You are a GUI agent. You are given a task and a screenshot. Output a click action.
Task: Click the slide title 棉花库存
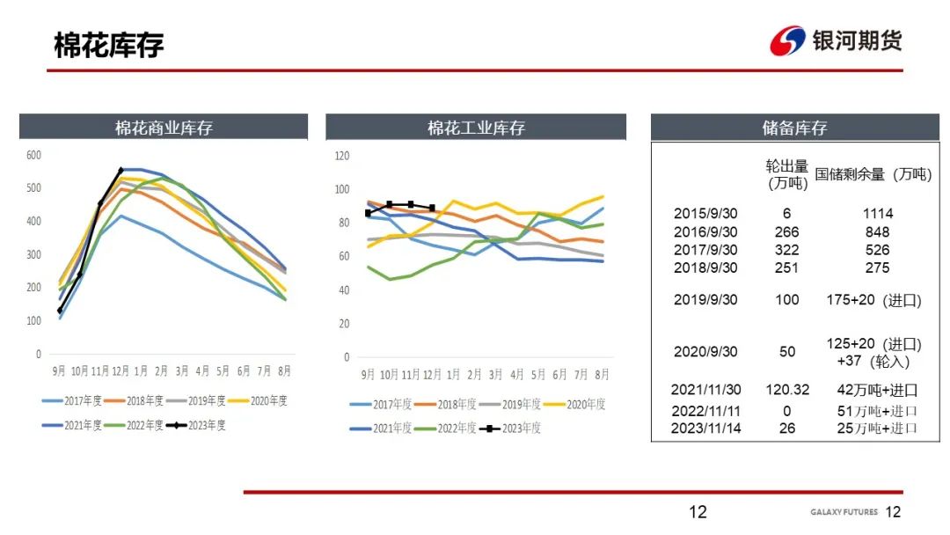[108, 45]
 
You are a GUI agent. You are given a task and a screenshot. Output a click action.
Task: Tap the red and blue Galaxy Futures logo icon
[787, 41]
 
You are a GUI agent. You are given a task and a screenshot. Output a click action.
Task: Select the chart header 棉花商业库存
[164, 128]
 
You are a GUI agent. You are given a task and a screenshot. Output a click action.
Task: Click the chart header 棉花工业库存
[476, 128]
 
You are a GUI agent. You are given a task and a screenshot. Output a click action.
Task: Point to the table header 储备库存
[794, 128]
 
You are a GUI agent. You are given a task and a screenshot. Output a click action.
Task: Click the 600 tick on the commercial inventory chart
[33, 155]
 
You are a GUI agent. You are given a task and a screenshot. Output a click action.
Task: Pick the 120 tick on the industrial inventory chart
[341, 156]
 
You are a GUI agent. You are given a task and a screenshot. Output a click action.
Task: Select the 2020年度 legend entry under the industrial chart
[574, 404]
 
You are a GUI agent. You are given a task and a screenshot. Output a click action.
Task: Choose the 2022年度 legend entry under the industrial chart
[445, 428]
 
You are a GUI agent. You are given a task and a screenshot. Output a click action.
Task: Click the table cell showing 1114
[878, 213]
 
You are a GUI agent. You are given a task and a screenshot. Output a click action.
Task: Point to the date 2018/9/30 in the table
[705, 267]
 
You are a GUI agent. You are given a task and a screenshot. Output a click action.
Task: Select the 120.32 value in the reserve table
[787, 390]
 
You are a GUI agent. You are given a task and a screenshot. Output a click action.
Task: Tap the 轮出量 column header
[787, 174]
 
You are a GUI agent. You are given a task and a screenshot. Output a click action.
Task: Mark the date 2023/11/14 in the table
[705, 429]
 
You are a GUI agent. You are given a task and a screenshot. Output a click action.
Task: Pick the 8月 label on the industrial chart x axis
[602, 375]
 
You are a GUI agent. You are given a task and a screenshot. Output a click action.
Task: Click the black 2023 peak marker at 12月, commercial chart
[121, 170]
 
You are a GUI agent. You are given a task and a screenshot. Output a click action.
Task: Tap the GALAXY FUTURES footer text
[844, 512]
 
